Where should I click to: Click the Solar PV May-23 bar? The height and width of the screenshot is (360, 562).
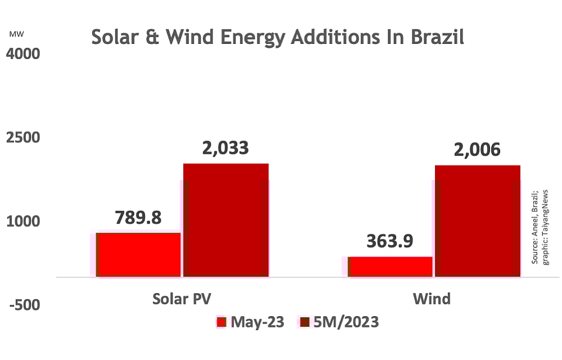(x=138, y=254)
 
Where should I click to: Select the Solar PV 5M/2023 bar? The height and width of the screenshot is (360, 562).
(x=226, y=220)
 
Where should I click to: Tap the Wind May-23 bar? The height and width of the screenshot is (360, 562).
(x=390, y=267)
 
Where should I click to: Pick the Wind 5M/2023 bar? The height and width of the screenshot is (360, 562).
(x=478, y=221)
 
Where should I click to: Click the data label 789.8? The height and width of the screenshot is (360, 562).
(x=138, y=218)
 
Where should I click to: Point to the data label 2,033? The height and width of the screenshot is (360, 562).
(x=225, y=148)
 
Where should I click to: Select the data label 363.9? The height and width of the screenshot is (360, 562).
(x=390, y=241)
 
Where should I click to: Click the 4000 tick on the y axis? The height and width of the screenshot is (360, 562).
(x=24, y=55)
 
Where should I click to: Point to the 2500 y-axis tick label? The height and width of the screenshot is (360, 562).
(x=24, y=138)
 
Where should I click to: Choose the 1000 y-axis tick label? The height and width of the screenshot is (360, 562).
(x=24, y=221)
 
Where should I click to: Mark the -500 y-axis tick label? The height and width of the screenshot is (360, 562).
(x=24, y=304)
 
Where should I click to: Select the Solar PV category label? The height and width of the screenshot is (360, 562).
(x=182, y=298)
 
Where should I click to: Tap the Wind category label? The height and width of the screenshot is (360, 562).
(x=432, y=298)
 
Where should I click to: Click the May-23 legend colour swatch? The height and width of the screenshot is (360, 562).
(x=221, y=322)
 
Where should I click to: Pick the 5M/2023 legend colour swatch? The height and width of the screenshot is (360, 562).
(x=304, y=322)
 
